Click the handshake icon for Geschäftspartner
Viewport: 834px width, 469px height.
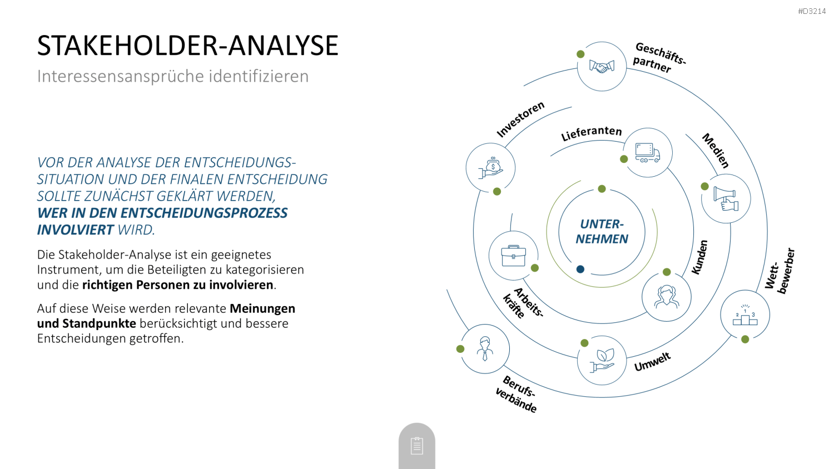pyautogui.click(x=602, y=67)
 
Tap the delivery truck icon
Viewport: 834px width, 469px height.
pyautogui.click(x=648, y=153)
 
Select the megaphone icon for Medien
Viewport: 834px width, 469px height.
pyautogui.click(x=726, y=198)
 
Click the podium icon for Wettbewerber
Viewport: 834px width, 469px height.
pyautogui.click(x=745, y=315)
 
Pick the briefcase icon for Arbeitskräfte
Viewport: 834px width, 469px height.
pyautogui.click(x=513, y=256)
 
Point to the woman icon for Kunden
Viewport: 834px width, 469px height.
pyautogui.click(x=667, y=297)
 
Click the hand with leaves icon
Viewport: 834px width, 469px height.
pyautogui.click(x=602, y=360)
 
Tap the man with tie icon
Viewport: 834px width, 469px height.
pyautogui.click(x=485, y=349)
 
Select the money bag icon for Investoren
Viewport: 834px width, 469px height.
pyautogui.click(x=490, y=168)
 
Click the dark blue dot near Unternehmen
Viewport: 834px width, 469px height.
pyautogui.click(x=580, y=269)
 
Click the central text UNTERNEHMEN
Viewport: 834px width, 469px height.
pyautogui.click(x=602, y=231)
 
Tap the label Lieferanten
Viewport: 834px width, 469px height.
pyautogui.click(x=591, y=133)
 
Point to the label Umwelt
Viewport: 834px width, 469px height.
pyautogui.click(x=652, y=362)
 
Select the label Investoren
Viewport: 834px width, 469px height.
pyautogui.click(x=520, y=119)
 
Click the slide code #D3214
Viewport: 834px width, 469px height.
pyautogui.click(x=812, y=11)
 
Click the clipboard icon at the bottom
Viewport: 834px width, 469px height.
pyautogui.click(x=416, y=446)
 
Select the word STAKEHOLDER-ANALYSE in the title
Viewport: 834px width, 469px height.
pyautogui.click(x=188, y=46)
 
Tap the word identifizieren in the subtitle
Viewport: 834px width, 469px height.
pyautogui.click(x=259, y=76)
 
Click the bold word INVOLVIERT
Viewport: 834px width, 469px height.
pyautogui.click(x=75, y=229)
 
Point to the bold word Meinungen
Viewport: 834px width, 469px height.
pyautogui.click(x=262, y=308)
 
